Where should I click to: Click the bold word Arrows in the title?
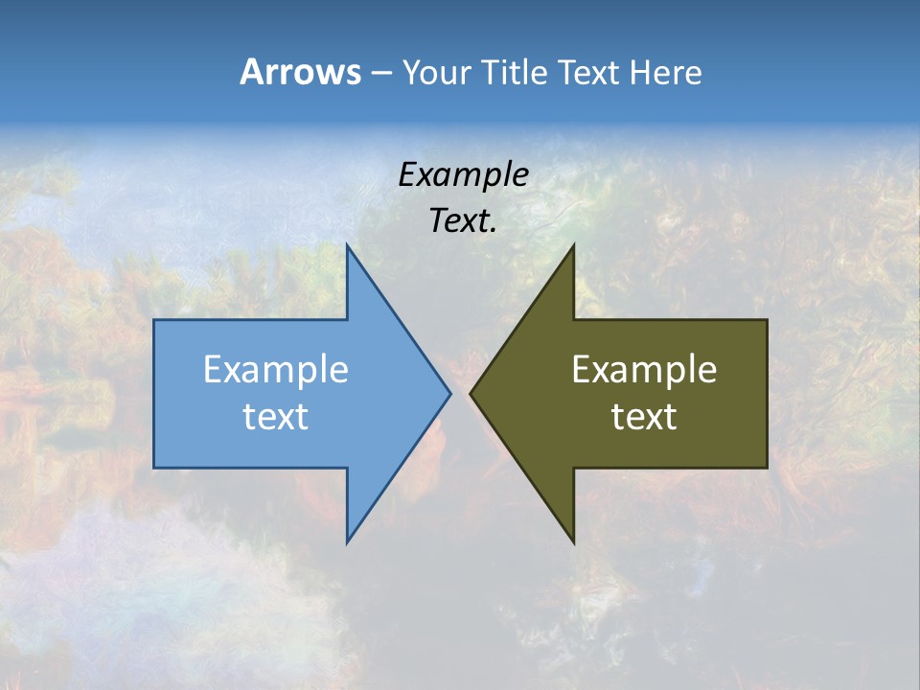300,72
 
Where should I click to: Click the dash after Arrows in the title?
380,74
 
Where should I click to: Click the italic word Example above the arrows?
463,175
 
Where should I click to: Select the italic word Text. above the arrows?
463,221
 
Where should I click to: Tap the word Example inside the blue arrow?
276,370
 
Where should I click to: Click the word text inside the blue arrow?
276,417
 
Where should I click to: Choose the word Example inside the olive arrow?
644,370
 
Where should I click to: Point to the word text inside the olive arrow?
644,417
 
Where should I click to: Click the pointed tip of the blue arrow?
449,393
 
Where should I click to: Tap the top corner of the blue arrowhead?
347,245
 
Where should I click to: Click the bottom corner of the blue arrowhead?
347,542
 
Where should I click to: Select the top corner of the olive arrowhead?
573,245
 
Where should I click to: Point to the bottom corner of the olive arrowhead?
573,542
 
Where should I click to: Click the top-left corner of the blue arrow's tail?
154,320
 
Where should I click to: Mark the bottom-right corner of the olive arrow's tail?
767,468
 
